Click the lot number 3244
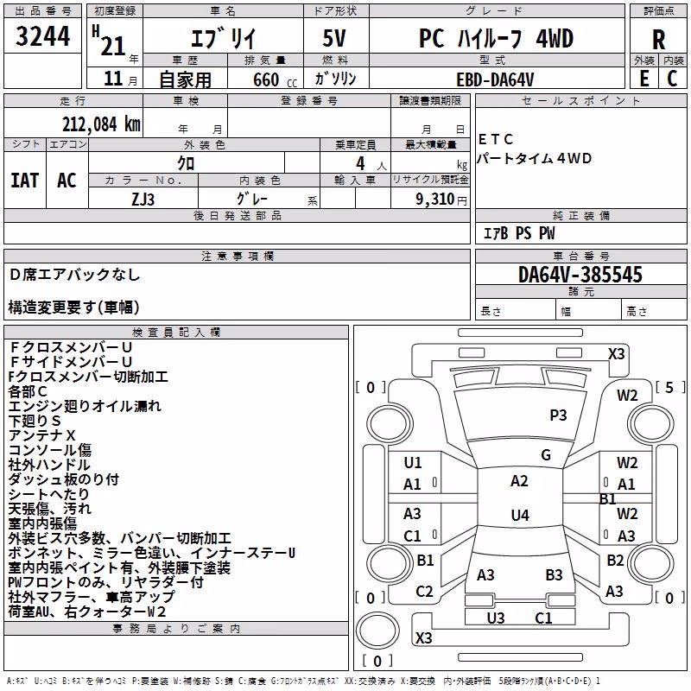[42, 36]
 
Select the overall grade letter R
[658, 40]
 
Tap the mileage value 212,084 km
[101, 124]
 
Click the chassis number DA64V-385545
[580, 275]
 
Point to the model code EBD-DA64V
[495, 79]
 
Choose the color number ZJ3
[143, 200]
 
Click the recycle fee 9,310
[435, 200]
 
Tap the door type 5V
[334, 38]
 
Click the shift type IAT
[25, 181]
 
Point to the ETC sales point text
[496, 139]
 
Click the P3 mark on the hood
[558, 415]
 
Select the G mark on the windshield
[546, 455]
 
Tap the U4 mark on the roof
[520, 515]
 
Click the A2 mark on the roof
[519, 481]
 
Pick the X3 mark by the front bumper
[616, 354]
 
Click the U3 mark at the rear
[496, 618]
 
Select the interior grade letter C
[672, 79]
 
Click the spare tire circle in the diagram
[377, 630]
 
